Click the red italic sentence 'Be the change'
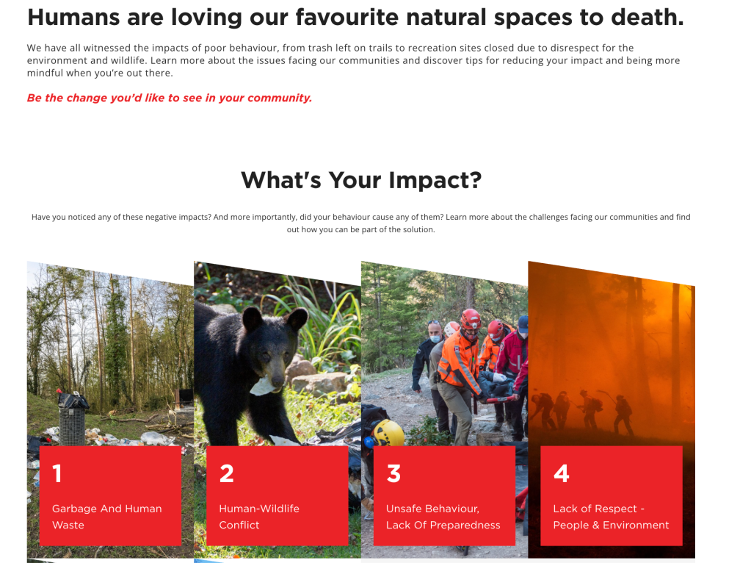coord(170,98)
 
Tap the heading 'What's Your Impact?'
coord(361,180)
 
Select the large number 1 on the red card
coord(57,473)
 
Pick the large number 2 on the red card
coord(227,473)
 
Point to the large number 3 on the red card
coord(393,473)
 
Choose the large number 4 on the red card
coord(562,473)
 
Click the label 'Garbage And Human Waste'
coord(106,517)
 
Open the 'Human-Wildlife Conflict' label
coord(259,517)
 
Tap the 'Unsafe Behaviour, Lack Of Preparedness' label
coord(443,517)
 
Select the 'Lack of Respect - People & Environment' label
coord(611,517)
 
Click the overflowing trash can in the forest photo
coord(73,419)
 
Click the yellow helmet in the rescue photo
coord(388,433)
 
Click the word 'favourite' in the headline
coord(347,17)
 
